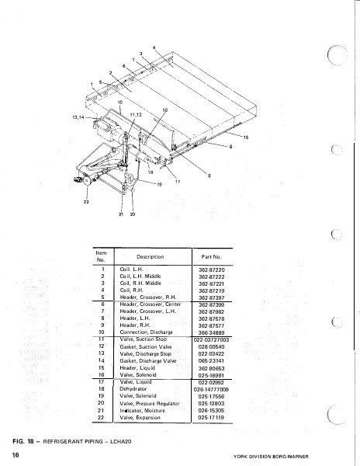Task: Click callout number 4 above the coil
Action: click(x=154, y=48)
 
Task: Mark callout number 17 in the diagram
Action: click(x=177, y=181)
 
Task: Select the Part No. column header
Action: click(x=212, y=256)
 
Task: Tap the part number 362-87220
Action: click(x=212, y=269)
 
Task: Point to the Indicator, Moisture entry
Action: click(x=144, y=410)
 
